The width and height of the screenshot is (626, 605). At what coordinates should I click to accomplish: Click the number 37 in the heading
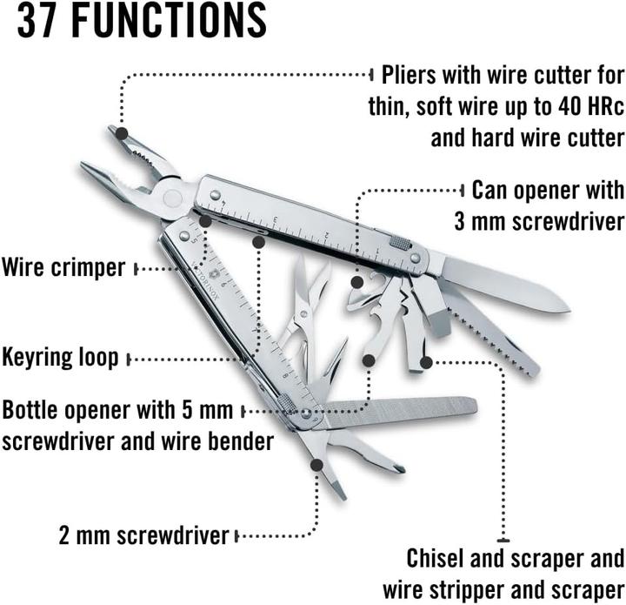click(39, 21)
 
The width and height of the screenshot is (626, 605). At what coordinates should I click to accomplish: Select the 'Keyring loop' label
click(60, 357)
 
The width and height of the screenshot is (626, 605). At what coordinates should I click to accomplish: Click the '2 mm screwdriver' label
click(144, 534)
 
